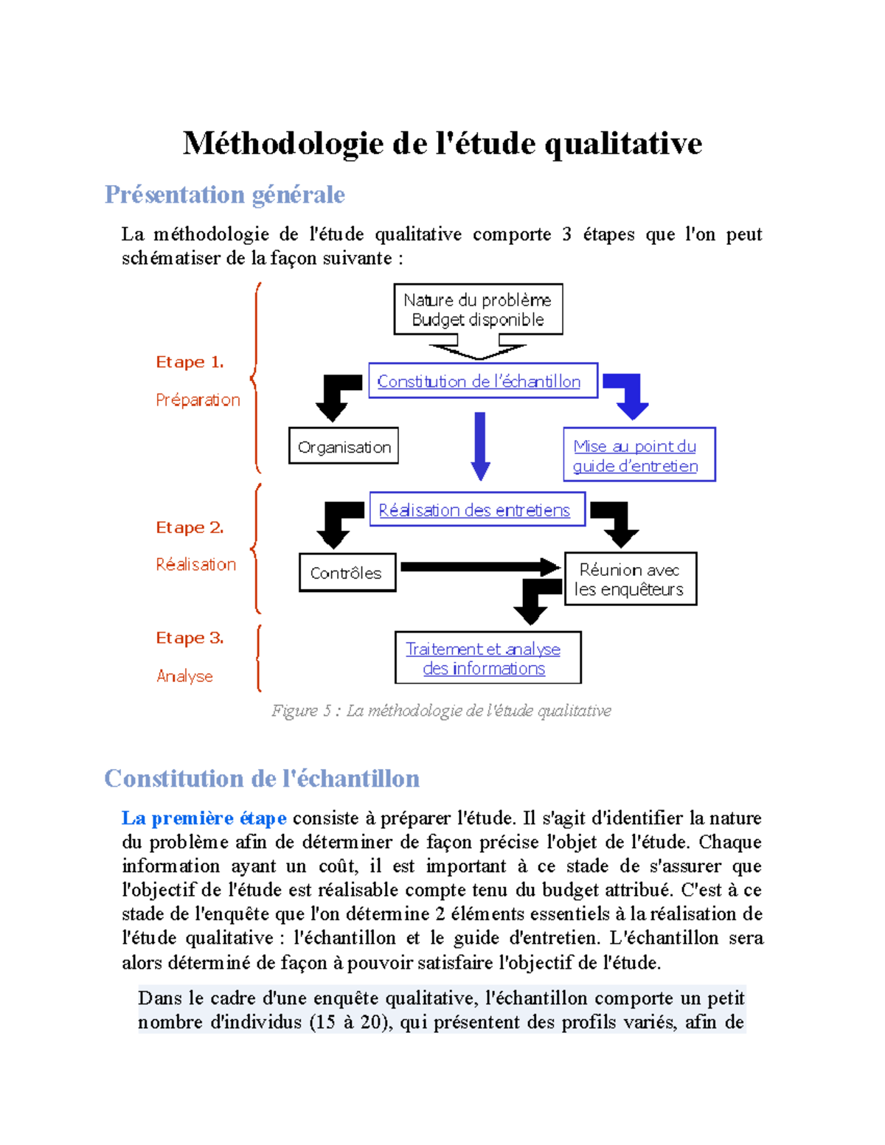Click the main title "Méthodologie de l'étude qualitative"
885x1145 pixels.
(x=442, y=143)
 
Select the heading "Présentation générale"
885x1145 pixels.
(x=224, y=195)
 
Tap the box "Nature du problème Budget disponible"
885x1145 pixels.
(x=478, y=310)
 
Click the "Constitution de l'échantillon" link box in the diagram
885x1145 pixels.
(x=482, y=381)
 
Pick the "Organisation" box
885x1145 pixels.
(x=344, y=447)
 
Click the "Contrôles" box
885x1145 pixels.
(x=347, y=573)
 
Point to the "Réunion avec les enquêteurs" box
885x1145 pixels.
(x=630, y=580)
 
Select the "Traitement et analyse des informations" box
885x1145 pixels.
(x=487, y=658)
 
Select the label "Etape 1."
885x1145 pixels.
(x=190, y=362)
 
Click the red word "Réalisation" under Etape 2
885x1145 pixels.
(x=196, y=565)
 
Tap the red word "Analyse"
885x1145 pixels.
(x=184, y=676)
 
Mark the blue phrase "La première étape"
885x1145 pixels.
(x=204, y=818)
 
